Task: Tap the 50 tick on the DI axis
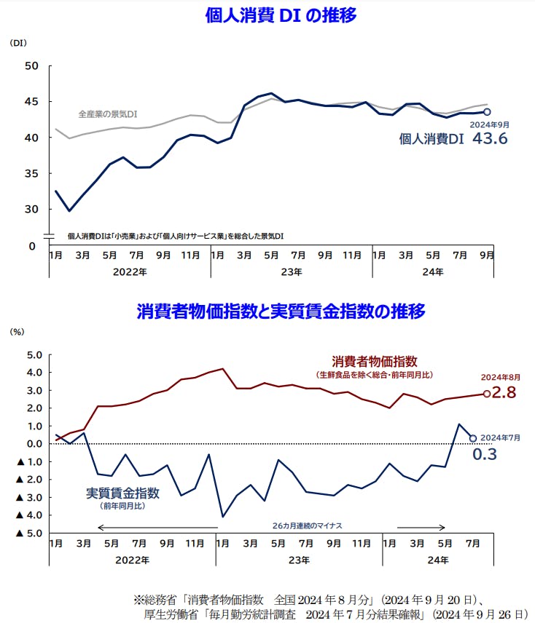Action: tap(31, 66)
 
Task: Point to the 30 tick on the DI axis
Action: tap(31, 210)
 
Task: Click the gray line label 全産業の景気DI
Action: tap(108, 114)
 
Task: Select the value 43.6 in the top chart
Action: tap(489, 138)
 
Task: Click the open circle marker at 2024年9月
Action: tap(487, 112)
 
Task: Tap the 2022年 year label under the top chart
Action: tap(130, 271)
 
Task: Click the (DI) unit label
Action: tap(18, 44)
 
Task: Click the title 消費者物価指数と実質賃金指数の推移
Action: tap(281, 311)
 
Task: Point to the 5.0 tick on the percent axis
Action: tap(34, 355)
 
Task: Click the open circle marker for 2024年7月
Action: tap(473, 438)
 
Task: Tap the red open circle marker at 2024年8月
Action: tap(487, 394)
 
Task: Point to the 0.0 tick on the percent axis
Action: tap(34, 444)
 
